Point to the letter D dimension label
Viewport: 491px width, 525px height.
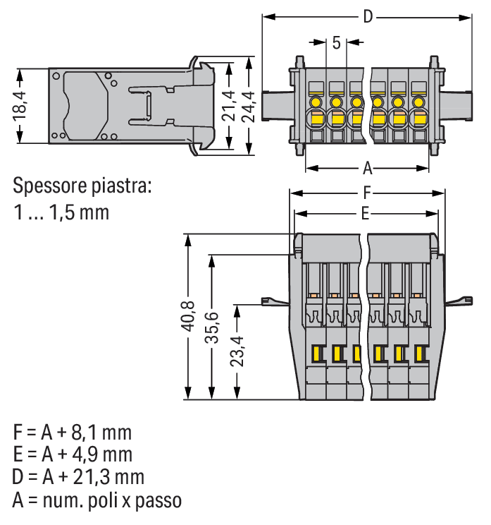coord(367,17)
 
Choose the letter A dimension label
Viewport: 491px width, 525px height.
coord(367,169)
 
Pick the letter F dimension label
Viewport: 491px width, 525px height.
coord(367,192)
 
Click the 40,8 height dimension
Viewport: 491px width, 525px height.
coord(188,321)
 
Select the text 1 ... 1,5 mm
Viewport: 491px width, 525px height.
coord(62,212)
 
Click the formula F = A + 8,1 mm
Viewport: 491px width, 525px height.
coord(72,431)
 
